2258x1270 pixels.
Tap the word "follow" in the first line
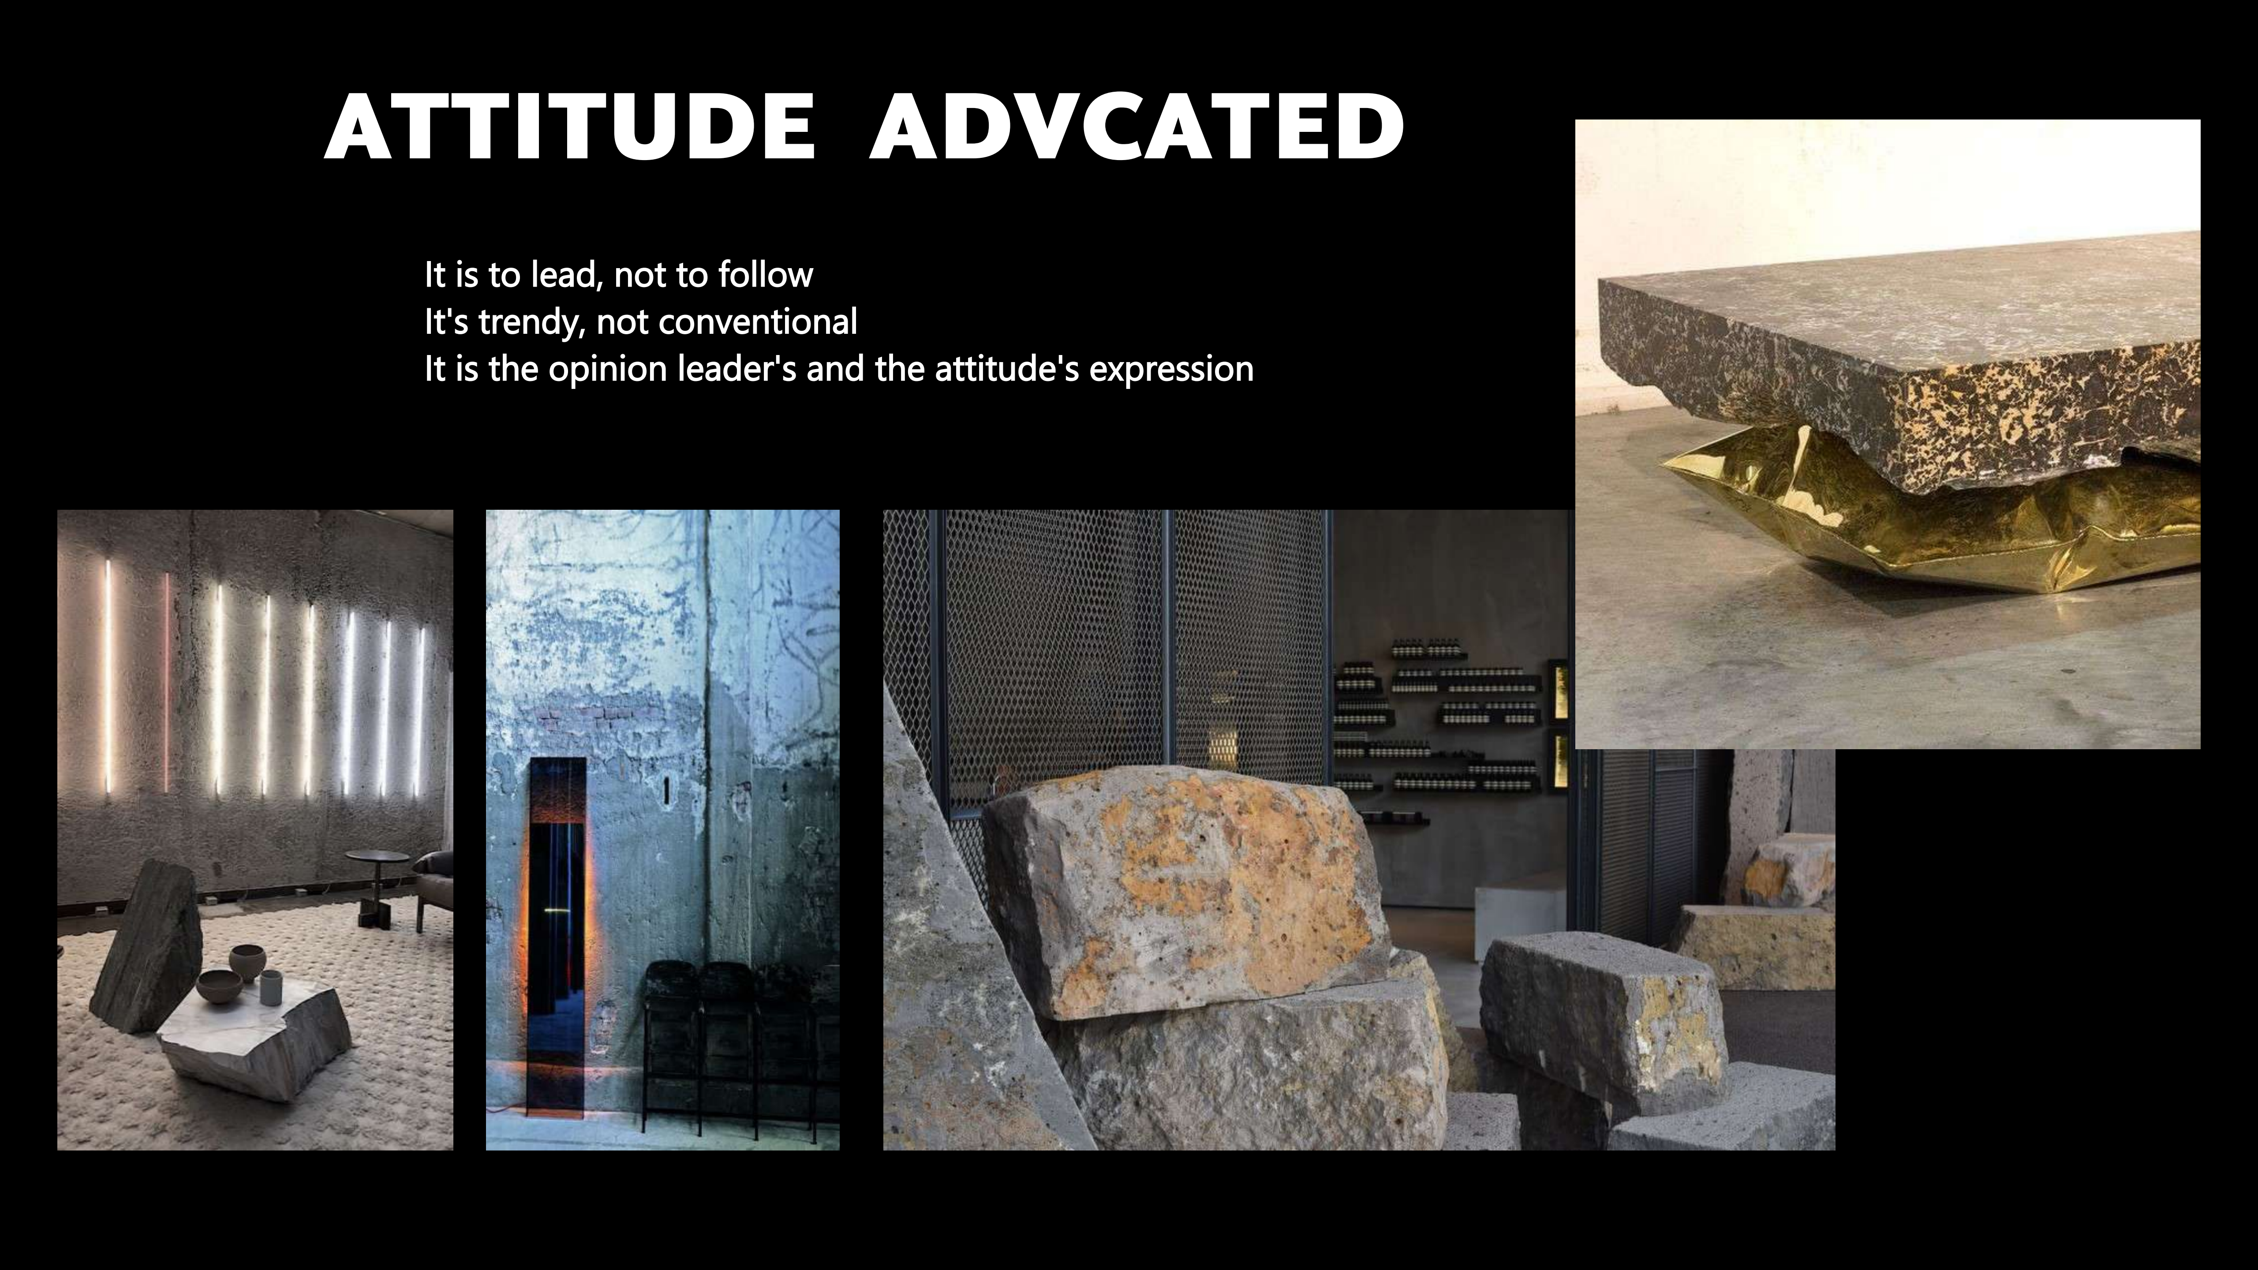pos(765,275)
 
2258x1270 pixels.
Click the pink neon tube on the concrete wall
pos(167,684)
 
